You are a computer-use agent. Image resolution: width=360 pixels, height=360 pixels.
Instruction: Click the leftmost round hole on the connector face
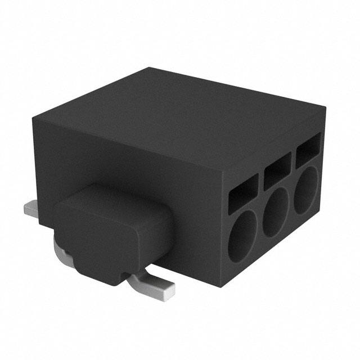[242, 236]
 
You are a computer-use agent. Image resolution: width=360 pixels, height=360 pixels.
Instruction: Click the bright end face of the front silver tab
[167, 289]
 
